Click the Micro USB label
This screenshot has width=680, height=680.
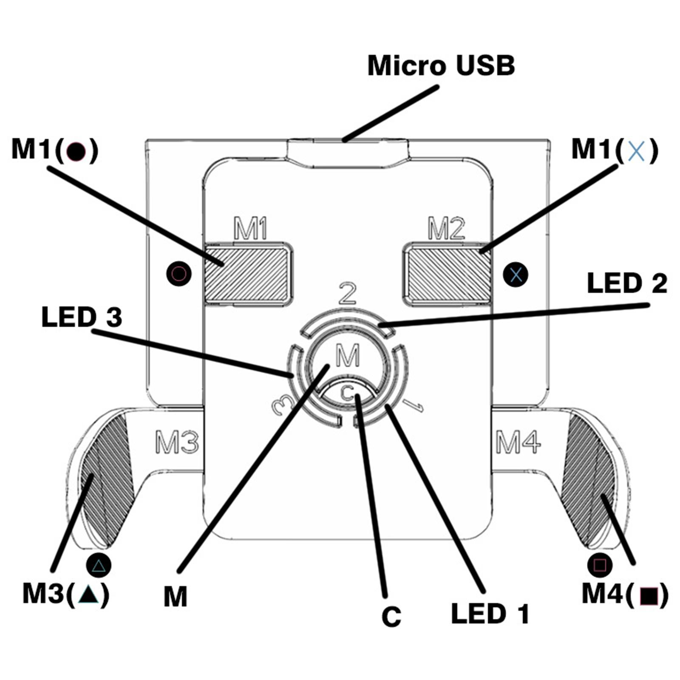tap(441, 66)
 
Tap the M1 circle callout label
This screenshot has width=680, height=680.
tap(54, 150)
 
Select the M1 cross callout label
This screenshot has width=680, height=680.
tap(615, 150)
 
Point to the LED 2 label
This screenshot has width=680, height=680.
tap(626, 283)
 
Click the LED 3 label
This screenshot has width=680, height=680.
tap(82, 317)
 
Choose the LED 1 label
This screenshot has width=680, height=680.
tap(490, 614)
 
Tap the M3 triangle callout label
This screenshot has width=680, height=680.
tap(66, 593)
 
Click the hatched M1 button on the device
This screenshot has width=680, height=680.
tap(248, 273)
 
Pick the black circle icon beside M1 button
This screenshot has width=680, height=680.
tap(178, 273)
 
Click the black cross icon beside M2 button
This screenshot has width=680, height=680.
tap(515, 274)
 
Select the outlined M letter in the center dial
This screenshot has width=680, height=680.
tap(347, 355)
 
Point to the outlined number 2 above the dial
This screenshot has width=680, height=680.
tap(348, 293)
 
